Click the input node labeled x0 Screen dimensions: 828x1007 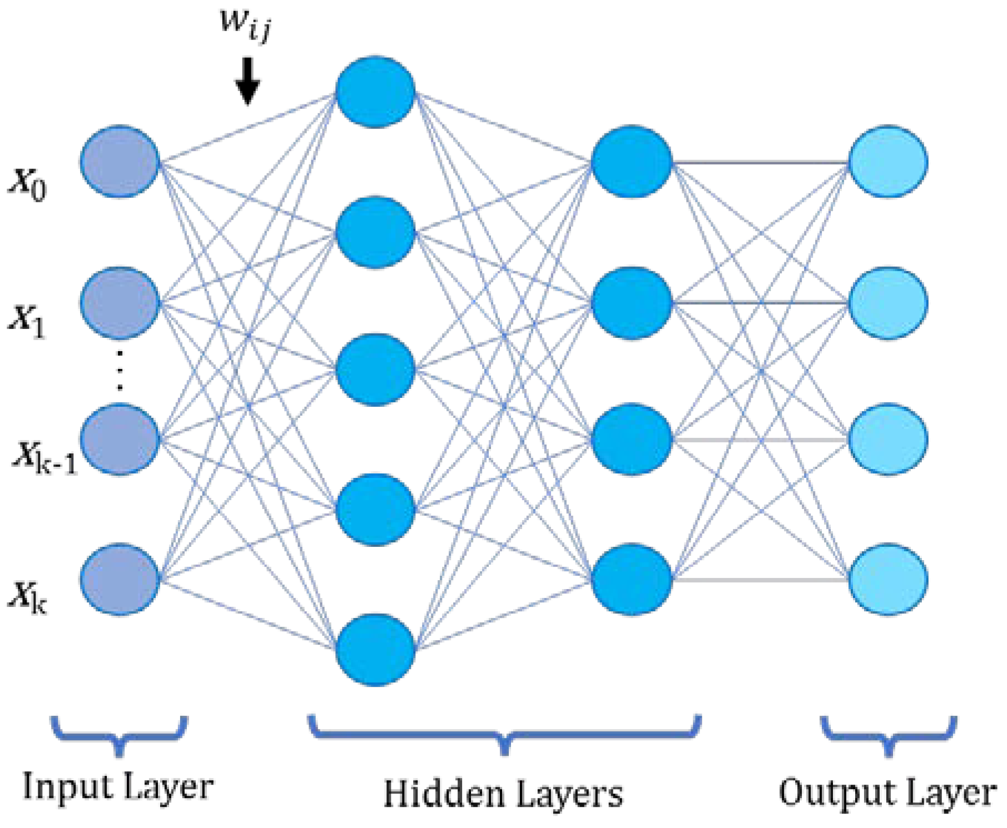click(x=120, y=162)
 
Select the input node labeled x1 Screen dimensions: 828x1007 click(x=120, y=303)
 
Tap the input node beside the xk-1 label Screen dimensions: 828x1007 click(x=120, y=440)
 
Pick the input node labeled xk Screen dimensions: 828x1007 click(x=120, y=580)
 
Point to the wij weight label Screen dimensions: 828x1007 click(x=245, y=25)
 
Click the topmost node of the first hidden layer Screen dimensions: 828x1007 click(x=375, y=92)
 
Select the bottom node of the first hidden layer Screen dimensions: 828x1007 click(x=375, y=650)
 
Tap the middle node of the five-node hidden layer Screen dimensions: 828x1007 click(x=375, y=370)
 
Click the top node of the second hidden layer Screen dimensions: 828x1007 click(x=632, y=162)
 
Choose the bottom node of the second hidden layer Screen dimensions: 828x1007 click(x=632, y=580)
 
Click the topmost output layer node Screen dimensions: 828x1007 click(x=888, y=162)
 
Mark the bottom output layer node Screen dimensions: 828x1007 click(x=888, y=580)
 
